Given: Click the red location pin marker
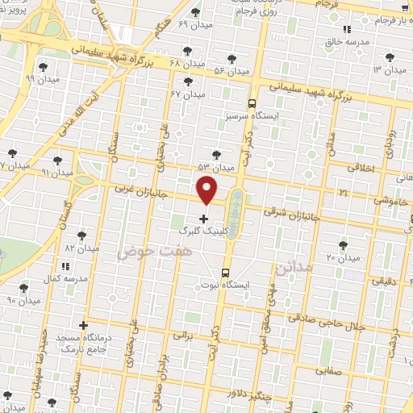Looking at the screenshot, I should [x=208, y=190].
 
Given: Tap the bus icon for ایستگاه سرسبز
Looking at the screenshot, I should [x=252, y=103].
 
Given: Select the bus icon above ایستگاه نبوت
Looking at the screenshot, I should [x=224, y=273].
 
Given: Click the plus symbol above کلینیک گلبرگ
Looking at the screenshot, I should [x=203, y=218].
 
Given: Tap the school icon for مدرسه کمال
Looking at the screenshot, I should [x=65, y=265].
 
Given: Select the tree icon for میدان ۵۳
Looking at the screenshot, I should [x=215, y=154].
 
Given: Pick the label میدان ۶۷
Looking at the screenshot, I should [x=188, y=94].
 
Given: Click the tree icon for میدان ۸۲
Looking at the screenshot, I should [x=81, y=236].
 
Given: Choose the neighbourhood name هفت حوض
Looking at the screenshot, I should [x=145, y=252].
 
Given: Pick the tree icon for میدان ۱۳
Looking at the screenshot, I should [x=391, y=56].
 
